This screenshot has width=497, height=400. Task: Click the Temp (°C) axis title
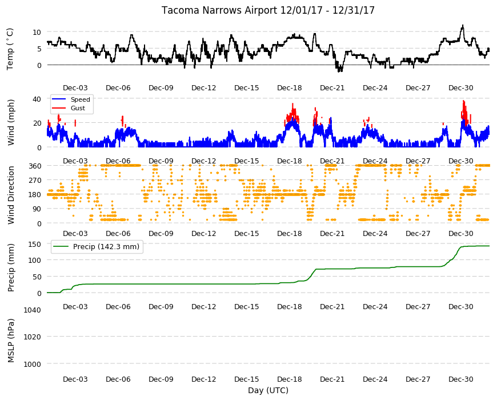10,49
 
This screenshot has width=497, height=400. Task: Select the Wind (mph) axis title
11,122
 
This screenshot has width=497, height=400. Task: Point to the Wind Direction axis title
11,195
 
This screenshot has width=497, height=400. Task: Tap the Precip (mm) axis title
11,267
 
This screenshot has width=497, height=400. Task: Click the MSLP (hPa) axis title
11,341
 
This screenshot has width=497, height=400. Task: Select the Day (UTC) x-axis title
268,390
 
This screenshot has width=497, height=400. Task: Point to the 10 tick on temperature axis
37,32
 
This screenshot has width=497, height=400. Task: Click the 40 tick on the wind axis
37,99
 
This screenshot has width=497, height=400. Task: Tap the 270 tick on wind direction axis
35,181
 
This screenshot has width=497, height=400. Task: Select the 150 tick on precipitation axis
35,244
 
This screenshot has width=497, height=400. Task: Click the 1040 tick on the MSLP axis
33,310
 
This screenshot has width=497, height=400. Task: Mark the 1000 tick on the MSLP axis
33,364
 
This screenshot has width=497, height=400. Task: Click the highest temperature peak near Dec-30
463,25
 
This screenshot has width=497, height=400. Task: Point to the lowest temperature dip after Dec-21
339,71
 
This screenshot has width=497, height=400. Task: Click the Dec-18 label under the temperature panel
290,88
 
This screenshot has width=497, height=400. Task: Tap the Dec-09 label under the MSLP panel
161,379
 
